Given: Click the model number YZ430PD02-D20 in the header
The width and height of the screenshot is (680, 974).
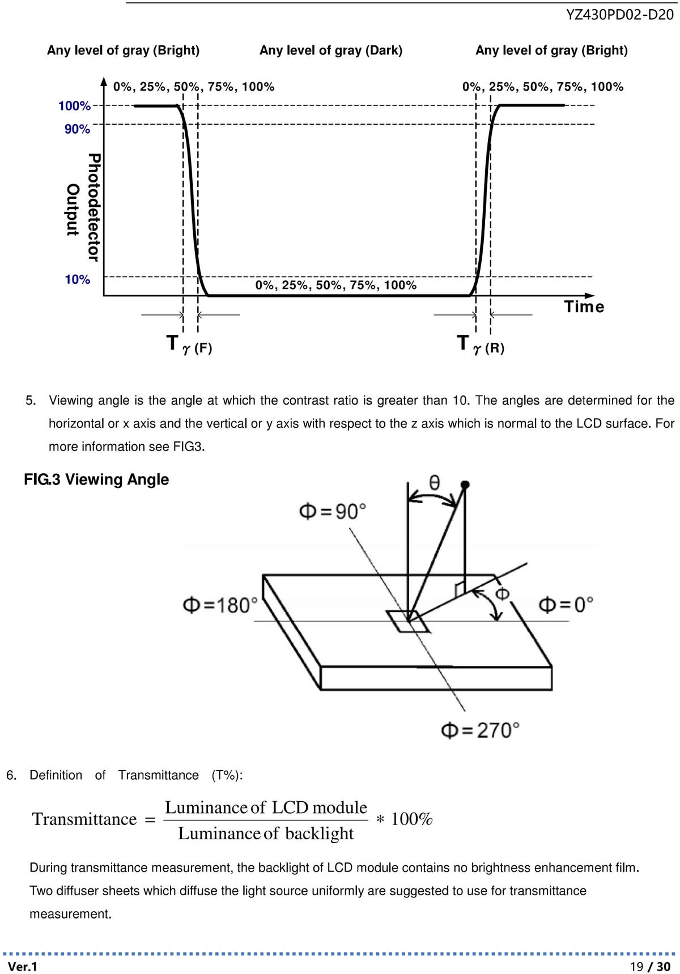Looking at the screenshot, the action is [x=619, y=15].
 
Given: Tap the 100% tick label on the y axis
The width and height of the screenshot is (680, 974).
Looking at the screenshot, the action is [x=74, y=106].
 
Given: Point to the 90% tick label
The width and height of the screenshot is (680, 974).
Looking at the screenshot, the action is [x=77, y=129].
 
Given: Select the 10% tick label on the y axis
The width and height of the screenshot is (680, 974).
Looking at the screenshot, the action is [x=77, y=279].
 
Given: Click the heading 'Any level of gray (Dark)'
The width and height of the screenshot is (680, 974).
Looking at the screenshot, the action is [x=331, y=50].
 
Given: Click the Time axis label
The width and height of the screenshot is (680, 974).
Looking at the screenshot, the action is [x=584, y=307].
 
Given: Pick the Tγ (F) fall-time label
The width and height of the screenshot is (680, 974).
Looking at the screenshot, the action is [x=189, y=344].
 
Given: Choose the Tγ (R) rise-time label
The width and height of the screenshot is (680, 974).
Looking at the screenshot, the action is [x=481, y=344].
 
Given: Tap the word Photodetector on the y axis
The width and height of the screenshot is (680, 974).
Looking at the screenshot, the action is [x=94, y=207].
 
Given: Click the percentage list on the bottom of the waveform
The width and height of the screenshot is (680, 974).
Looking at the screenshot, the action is [x=336, y=285].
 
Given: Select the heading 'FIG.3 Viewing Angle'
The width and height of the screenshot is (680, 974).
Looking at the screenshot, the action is [x=96, y=479].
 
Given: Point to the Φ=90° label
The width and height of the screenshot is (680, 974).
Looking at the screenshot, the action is [x=332, y=512].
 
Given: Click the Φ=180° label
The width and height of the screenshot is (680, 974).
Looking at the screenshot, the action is [x=220, y=605].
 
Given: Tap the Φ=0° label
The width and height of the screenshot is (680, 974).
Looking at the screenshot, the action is [x=566, y=605].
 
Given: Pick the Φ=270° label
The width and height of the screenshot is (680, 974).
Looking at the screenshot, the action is [x=480, y=730].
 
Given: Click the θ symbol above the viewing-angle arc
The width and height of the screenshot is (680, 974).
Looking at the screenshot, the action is [x=434, y=482].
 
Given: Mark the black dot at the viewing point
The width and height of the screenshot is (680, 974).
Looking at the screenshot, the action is [x=465, y=484].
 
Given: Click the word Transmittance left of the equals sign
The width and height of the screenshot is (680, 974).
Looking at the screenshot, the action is [x=84, y=819].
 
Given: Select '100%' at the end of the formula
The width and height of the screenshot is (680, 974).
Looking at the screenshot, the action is [x=412, y=819].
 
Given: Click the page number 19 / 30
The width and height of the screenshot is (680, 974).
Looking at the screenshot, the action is [x=650, y=966].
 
